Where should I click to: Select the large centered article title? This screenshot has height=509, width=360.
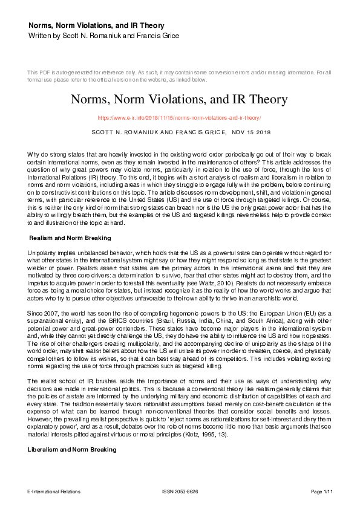coord(179,99)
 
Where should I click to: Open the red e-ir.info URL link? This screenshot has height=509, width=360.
coord(179,118)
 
